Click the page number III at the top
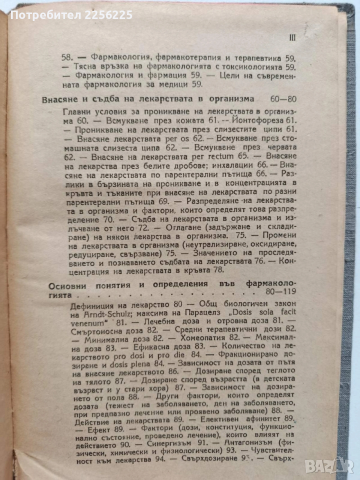tap(293, 36)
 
